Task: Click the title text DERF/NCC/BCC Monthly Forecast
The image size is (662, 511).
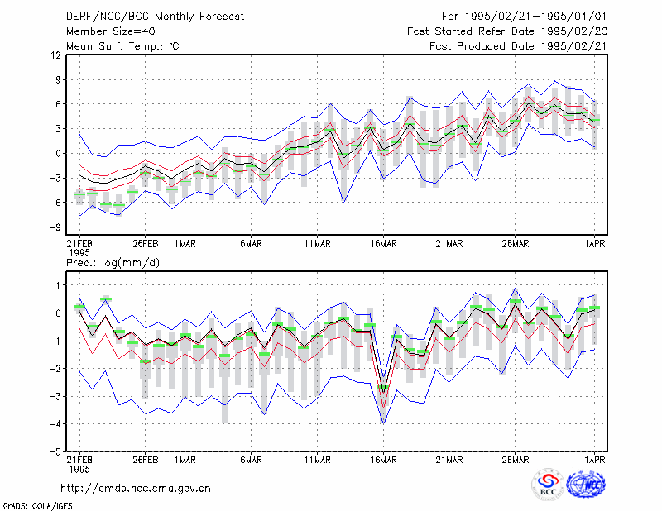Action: click(155, 17)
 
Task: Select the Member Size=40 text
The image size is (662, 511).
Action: click(111, 31)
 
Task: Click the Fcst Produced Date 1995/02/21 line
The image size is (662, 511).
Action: click(518, 46)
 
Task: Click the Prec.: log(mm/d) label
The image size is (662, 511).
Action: click(113, 263)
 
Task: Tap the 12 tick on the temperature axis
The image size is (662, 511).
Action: click(55, 55)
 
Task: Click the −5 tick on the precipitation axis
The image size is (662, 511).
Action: click(54, 451)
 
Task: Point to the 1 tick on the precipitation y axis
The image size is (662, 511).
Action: click(58, 285)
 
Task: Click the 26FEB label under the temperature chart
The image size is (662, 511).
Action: click(146, 244)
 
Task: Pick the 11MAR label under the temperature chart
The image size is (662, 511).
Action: click(318, 244)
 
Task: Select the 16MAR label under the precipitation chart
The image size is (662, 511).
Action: click(383, 460)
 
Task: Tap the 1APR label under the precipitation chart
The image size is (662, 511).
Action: click(595, 460)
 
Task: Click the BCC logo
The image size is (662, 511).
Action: click(548, 485)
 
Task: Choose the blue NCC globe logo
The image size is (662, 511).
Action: click(586, 484)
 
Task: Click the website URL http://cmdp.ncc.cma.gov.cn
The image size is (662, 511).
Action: click(136, 489)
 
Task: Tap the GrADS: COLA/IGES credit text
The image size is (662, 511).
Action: click(37, 506)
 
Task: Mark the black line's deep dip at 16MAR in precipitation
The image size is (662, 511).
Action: click(383, 393)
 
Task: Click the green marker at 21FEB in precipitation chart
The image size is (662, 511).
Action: click(79, 307)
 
